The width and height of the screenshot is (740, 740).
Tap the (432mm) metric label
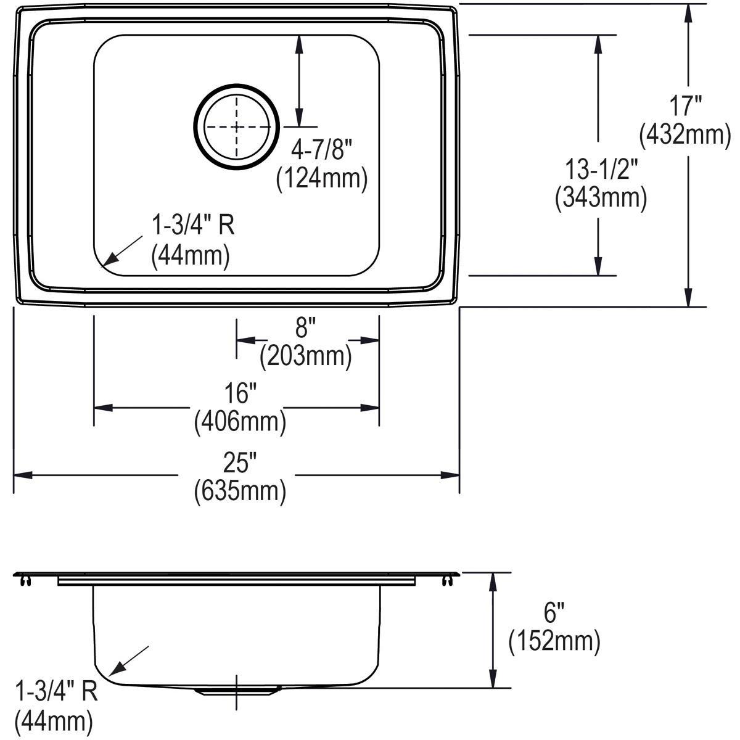[x=685, y=134]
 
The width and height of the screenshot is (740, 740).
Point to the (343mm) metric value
[x=601, y=198]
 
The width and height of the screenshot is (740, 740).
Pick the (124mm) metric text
[x=322, y=178]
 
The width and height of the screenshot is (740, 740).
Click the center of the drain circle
[x=237, y=126]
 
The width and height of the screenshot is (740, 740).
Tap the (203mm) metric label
[x=306, y=356]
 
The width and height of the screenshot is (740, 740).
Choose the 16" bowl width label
[x=240, y=393]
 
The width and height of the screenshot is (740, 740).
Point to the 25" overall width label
[x=240, y=461]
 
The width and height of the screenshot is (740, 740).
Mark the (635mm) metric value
[x=240, y=491]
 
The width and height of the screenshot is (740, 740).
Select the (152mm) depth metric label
[x=554, y=642]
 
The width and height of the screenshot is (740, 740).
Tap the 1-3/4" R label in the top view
[x=193, y=226]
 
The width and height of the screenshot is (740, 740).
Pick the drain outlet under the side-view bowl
[x=237, y=690]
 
